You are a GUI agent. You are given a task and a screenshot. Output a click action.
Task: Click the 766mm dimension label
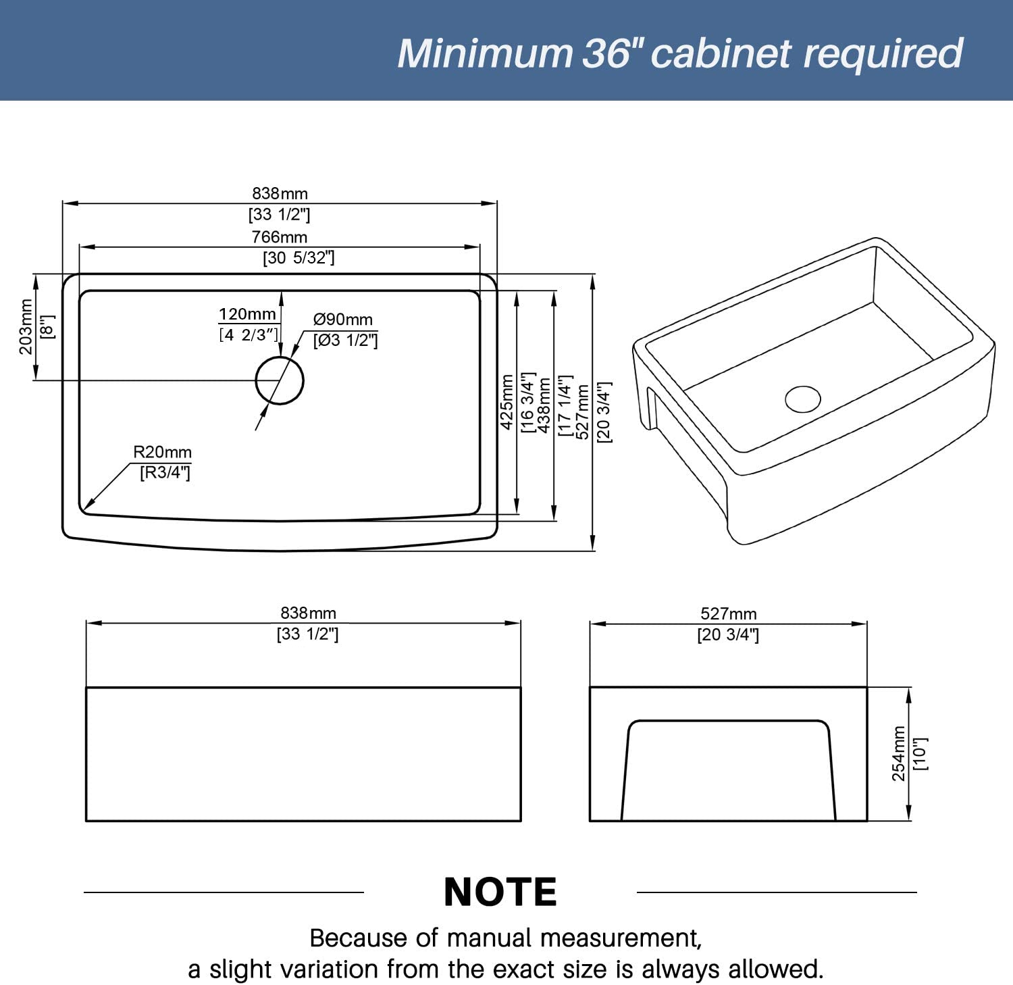coord(279,237)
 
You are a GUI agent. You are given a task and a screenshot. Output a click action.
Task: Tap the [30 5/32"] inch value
coord(298,257)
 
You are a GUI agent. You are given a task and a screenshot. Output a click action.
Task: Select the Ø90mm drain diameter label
coord(342,320)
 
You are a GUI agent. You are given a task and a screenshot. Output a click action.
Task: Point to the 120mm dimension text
coord(247,314)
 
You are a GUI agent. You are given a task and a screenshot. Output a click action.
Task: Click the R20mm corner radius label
coord(162,452)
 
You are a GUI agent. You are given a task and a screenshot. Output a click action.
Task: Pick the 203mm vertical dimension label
coord(26,327)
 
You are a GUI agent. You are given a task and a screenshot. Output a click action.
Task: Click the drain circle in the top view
coord(280,380)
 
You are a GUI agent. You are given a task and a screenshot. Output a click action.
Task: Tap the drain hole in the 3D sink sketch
coord(803,399)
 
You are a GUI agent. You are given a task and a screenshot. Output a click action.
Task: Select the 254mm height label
coord(898,753)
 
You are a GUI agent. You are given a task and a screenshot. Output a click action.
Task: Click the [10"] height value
coord(920,753)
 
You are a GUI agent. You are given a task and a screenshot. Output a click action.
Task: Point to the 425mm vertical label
coord(507,402)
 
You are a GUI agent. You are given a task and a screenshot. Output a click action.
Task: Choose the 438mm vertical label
coord(544,405)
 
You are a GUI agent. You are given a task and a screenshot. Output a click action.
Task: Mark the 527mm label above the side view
coord(728,613)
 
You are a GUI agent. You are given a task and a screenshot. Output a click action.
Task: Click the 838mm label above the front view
coord(308,613)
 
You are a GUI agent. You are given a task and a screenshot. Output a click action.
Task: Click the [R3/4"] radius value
coord(165,472)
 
